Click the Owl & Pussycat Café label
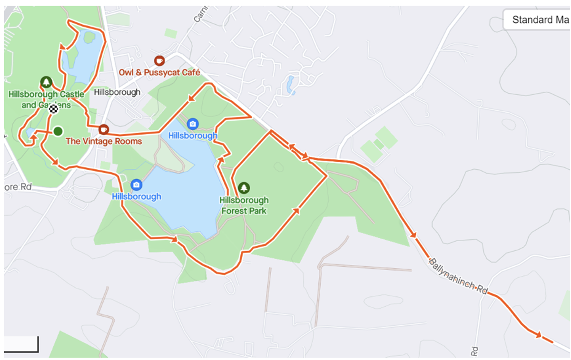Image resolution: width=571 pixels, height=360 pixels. point(159,73)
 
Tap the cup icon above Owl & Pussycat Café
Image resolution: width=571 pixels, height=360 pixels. point(159,61)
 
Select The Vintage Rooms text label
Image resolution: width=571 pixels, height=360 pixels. point(104,141)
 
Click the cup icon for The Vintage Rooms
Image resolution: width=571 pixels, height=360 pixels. point(104,129)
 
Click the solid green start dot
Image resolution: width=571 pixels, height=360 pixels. point(58,131)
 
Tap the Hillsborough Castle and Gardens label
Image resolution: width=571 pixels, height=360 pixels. point(46,99)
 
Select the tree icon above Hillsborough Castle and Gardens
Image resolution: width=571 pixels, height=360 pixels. point(46,82)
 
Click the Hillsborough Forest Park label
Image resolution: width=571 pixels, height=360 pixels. point(244,205)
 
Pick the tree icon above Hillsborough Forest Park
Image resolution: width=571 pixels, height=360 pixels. point(244,188)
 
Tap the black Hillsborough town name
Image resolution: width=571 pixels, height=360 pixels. point(117,92)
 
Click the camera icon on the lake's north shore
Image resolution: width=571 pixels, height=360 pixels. point(193,124)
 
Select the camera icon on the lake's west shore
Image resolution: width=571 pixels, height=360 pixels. point(137,185)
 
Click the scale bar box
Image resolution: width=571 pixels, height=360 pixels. point(21,344)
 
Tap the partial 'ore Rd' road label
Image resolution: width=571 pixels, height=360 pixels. point(18,187)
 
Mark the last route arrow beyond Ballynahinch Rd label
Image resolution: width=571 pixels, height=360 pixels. point(538,335)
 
